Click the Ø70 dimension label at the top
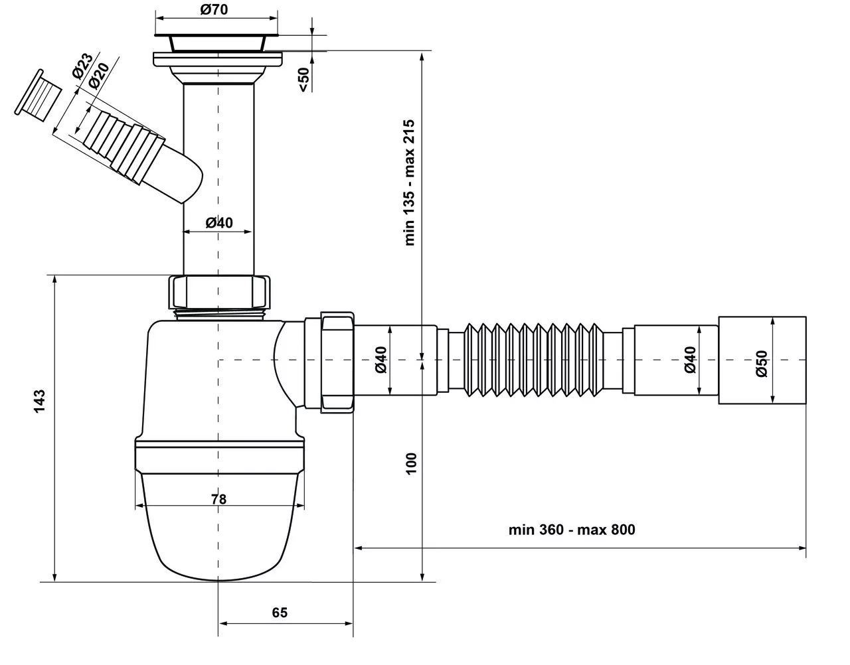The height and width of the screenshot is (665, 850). (214, 9)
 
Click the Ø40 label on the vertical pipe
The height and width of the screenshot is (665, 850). (218, 222)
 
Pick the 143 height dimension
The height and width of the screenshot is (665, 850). (40, 402)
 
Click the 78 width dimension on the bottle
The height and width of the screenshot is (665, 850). (218, 498)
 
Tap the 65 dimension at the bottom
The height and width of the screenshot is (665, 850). (280, 613)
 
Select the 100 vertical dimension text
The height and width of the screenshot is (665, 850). (411, 463)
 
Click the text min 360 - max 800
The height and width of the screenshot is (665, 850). (572, 530)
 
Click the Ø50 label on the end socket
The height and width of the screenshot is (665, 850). (762, 364)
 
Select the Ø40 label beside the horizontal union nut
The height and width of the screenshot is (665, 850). (381, 359)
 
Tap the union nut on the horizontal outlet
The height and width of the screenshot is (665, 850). (337, 362)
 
